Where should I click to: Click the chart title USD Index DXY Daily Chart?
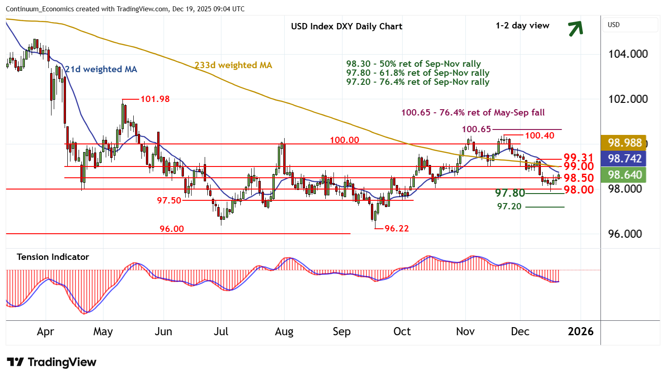coord(347,26)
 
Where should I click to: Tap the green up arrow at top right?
coord(575,28)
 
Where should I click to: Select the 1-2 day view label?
coord(522,26)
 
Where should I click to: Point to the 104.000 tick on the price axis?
coord(628,54)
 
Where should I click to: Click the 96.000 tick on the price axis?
coord(625,234)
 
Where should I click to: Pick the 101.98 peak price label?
coord(155,99)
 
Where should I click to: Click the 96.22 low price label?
coord(397,228)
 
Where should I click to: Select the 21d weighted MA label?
coord(101,69)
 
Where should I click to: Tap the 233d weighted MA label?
coord(234,65)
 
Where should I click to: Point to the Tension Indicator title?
coord(53,257)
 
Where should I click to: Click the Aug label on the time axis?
coord(284,332)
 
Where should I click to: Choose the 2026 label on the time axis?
coord(581,332)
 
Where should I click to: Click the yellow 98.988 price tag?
coord(624,143)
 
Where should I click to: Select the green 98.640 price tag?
coord(624,175)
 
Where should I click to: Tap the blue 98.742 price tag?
coord(624,158)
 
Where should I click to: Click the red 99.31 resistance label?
coord(578,157)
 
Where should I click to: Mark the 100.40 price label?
coord(539,135)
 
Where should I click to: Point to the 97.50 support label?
coord(169,200)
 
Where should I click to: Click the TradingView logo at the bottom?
coord(52,362)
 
